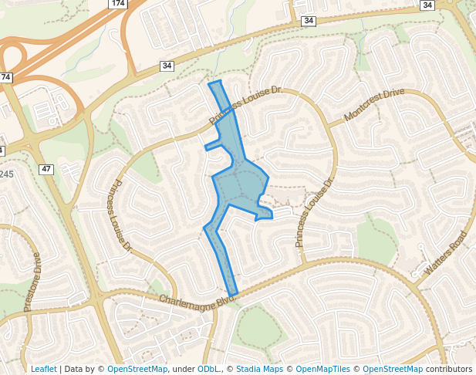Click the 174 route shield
(x=117, y=4)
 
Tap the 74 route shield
(x=6, y=77)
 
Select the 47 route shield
(x=46, y=168)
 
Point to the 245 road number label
(x=6, y=174)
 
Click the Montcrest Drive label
(x=374, y=104)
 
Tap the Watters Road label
(x=446, y=254)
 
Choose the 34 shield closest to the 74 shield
(x=167, y=66)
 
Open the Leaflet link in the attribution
(x=44, y=370)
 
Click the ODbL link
(x=208, y=370)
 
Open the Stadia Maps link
(x=259, y=370)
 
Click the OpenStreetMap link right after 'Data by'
(x=137, y=370)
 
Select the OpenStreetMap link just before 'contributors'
(x=393, y=370)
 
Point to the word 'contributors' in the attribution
(x=449, y=370)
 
